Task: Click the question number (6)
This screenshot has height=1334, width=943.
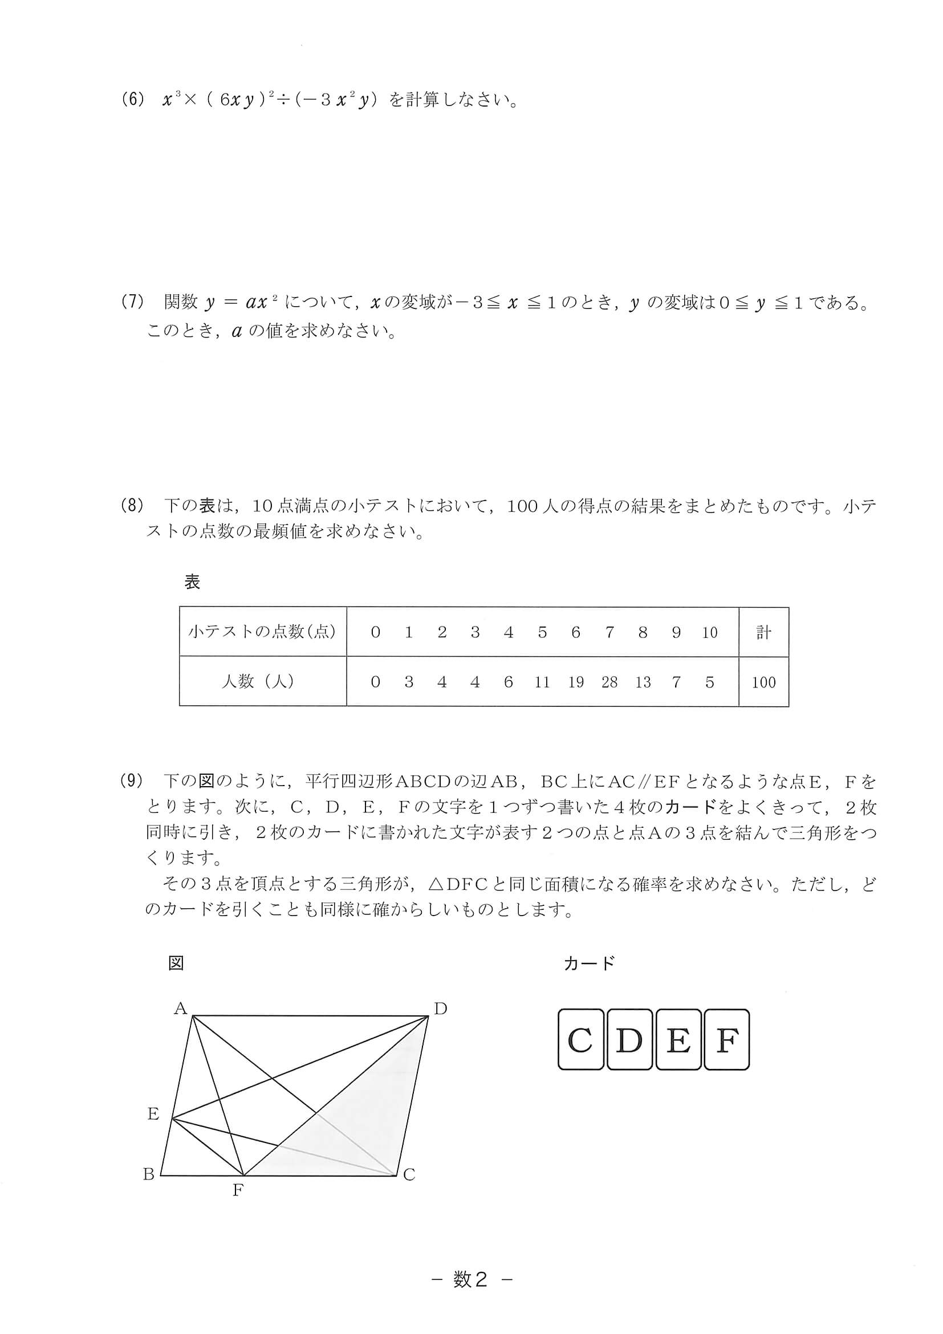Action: [x=132, y=100]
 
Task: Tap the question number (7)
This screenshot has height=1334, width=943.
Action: [x=132, y=302]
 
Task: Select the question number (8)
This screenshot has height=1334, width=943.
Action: [x=132, y=506]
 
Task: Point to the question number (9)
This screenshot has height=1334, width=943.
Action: [x=132, y=781]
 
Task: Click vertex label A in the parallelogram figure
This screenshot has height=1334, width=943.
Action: [x=180, y=1008]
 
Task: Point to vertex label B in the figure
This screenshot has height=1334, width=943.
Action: [x=149, y=1174]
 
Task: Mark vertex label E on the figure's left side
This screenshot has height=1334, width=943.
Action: [x=153, y=1113]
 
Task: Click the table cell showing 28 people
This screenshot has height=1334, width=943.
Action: [x=609, y=682]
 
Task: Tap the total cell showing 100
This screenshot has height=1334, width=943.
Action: [x=763, y=682]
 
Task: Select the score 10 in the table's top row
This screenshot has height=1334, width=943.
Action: [x=709, y=632]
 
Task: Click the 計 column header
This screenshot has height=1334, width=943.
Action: [x=763, y=632]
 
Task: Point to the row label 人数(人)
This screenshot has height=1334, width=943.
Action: [x=258, y=681]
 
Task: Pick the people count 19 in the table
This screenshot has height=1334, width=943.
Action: [x=576, y=682]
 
